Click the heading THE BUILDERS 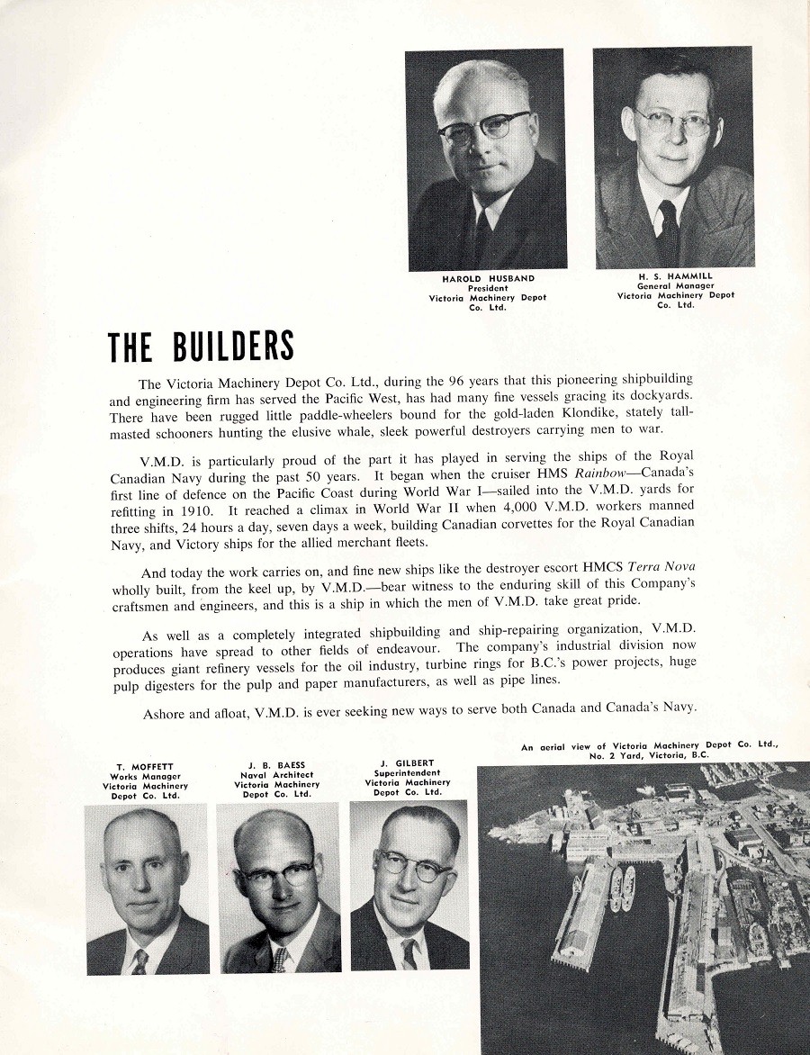201,346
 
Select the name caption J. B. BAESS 276,766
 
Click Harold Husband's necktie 482,236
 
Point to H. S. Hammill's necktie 667,230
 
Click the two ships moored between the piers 622,887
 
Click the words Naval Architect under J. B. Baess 276,776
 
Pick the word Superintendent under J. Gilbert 408,773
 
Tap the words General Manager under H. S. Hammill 675,286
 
